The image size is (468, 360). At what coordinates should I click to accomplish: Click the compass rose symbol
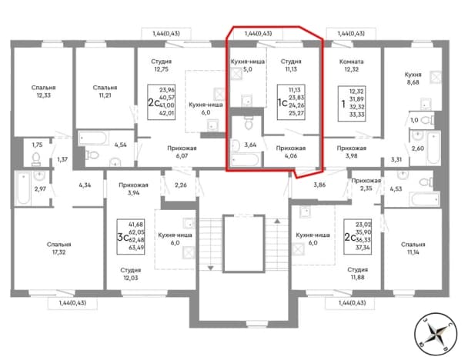click(436, 335)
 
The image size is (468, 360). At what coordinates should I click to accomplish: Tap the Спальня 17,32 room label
click(58, 248)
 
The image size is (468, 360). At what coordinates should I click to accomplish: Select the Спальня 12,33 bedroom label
click(44, 92)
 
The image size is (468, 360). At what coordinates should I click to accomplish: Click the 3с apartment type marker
click(123, 238)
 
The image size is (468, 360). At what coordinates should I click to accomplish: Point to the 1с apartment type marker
click(282, 102)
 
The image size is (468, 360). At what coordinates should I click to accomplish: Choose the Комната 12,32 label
click(351, 65)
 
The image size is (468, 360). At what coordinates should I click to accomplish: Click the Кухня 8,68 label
click(413, 78)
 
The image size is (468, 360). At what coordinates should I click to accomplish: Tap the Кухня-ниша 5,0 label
click(248, 65)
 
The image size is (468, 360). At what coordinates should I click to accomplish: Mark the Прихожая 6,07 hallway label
click(182, 152)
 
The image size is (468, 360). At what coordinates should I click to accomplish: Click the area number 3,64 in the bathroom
click(250, 145)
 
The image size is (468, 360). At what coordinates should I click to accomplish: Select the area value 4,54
click(121, 145)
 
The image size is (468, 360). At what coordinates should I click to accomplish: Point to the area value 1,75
click(37, 145)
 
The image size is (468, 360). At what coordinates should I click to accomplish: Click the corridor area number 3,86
click(319, 185)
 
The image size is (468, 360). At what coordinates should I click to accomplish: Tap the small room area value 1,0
click(414, 120)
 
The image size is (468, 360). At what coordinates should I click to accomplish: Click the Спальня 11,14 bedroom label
click(413, 248)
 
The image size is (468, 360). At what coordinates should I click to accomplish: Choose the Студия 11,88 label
click(358, 273)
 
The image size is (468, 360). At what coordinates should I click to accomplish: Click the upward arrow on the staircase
click(277, 222)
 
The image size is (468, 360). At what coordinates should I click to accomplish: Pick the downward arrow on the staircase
click(211, 268)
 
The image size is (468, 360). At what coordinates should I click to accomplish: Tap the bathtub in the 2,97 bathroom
click(22, 188)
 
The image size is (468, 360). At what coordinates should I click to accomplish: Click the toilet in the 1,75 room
click(36, 158)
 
